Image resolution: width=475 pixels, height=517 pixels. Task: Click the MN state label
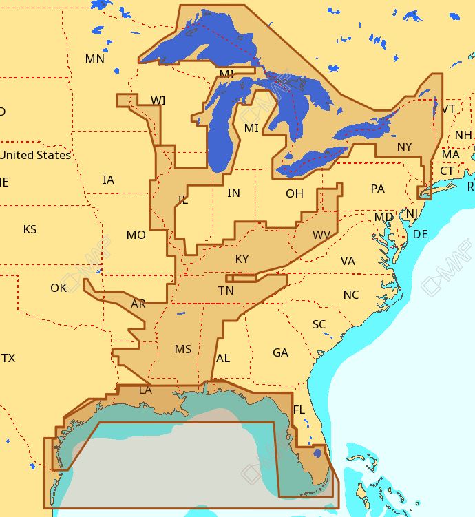coord(94,59)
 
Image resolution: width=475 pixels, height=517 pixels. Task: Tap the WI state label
coord(158,101)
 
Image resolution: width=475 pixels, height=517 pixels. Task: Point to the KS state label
coord(30,229)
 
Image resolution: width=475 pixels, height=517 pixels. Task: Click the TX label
coord(8,358)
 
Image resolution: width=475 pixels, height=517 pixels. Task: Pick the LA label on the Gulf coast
coord(145,390)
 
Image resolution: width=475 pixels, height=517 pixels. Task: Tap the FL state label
coord(299,410)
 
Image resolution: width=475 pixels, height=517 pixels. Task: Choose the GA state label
coord(280,352)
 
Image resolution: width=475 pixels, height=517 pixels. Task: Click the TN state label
coord(226,291)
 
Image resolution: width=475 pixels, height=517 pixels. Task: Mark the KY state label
coord(242,259)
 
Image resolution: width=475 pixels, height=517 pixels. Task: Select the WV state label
coord(321,235)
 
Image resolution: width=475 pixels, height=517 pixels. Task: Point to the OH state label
coord(295,193)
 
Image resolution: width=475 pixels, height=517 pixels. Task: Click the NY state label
coord(404,147)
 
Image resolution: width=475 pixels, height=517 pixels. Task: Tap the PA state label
coord(377,188)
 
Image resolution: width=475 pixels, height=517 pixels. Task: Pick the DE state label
coord(420,234)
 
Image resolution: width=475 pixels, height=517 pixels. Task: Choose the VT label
coord(448,109)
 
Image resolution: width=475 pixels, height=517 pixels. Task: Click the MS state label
coord(183,349)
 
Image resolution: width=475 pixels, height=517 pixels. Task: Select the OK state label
coord(59,287)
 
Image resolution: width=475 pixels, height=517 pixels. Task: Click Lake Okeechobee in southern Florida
coord(317,453)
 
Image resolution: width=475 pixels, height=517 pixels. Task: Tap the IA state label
coord(108,180)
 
